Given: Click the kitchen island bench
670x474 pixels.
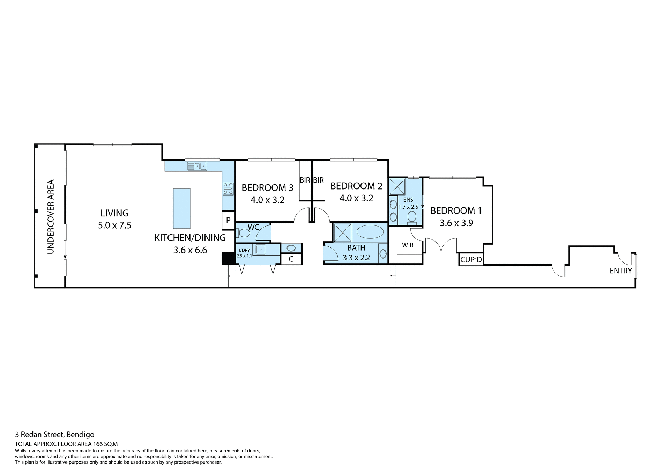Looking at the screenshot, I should [x=182, y=208].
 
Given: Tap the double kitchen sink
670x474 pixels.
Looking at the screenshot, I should [x=197, y=166].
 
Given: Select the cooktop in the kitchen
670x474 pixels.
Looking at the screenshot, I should [x=228, y=189].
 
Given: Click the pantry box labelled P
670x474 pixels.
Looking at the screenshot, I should [x=228, y=220].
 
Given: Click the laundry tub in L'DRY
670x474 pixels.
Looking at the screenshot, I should [x=261, y=250].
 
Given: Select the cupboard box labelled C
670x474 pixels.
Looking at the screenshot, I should [x=291, y=259].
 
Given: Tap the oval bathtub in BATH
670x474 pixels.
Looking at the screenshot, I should [x=370, y=232].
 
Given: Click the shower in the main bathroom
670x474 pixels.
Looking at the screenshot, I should [x=342, y=233].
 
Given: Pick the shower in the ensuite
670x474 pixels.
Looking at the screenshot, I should [x=397, y=187].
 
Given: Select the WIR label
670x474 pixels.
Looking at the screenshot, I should [x=408, y=245].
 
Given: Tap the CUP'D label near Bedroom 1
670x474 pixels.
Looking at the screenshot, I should [x=471, y=260].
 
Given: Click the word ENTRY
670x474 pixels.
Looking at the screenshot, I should [x=620, y=271].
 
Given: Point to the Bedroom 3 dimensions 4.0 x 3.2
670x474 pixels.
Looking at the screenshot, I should [x=267, y=200].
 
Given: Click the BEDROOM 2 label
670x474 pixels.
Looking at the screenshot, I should [x=356, y=186].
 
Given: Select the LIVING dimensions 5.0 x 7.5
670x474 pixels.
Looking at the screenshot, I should [x=114, y=225].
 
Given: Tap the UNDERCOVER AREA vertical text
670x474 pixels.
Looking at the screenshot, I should [x=51, y=216].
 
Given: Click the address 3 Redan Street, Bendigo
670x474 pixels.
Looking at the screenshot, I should [x=55, y=435].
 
